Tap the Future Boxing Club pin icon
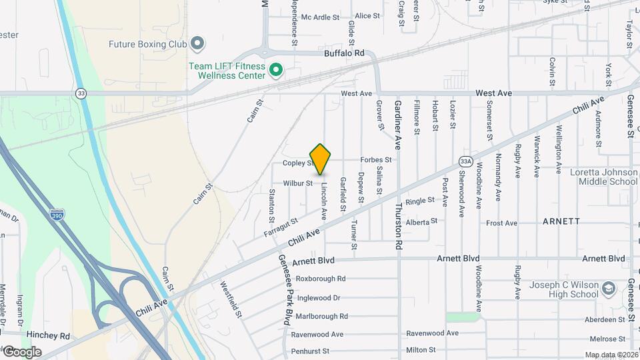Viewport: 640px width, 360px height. [197, 45]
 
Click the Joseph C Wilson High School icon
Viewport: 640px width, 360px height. [608, 289]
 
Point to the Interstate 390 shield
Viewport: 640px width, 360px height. [57, 215]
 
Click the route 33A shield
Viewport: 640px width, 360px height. [465, 161]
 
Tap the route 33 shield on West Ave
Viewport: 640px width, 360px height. [81, 93]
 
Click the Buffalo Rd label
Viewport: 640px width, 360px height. [344, 53]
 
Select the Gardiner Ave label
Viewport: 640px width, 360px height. [398, 123]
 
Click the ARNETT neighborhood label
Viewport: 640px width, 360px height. [561, 221]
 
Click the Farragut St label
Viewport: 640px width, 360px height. [280, 226]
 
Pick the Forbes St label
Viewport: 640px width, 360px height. [375, 160]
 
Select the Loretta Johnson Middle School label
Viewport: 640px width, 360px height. [603, 177]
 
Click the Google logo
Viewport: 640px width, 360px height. [22, 352]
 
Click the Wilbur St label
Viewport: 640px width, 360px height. [297, 183]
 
